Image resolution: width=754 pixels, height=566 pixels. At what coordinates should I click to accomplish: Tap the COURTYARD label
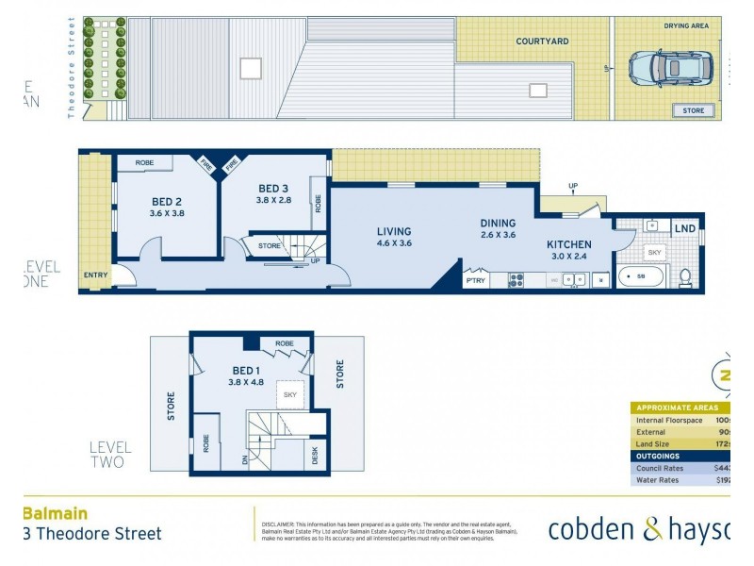click(x=542, y=42)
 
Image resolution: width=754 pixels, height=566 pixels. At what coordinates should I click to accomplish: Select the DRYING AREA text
click(x=685, y=26)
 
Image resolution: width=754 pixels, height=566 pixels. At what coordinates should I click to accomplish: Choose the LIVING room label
click(x=394, y=231)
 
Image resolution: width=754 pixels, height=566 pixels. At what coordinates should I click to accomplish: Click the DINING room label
click(x=498, y=224)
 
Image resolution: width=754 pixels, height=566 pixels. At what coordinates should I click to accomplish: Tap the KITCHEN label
click(x=569, y=244)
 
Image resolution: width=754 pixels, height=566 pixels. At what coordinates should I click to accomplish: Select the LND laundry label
click(x=684, y=229)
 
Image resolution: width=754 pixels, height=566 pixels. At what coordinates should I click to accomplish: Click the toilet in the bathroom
click(x=685, y=277)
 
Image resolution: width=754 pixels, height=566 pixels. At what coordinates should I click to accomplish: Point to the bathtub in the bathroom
click(x=641, y=277)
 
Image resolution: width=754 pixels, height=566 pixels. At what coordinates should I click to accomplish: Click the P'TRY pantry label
click(x=474, y=279)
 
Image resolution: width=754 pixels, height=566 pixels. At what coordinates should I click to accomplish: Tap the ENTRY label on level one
click(x=95, y=275)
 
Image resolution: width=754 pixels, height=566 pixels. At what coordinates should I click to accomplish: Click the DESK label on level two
click(x=315, y=455)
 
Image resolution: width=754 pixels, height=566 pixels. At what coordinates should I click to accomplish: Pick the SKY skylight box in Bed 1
click(x=289, y=394)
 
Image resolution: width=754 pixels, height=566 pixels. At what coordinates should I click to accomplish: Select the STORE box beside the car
click(x=693, y=110)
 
